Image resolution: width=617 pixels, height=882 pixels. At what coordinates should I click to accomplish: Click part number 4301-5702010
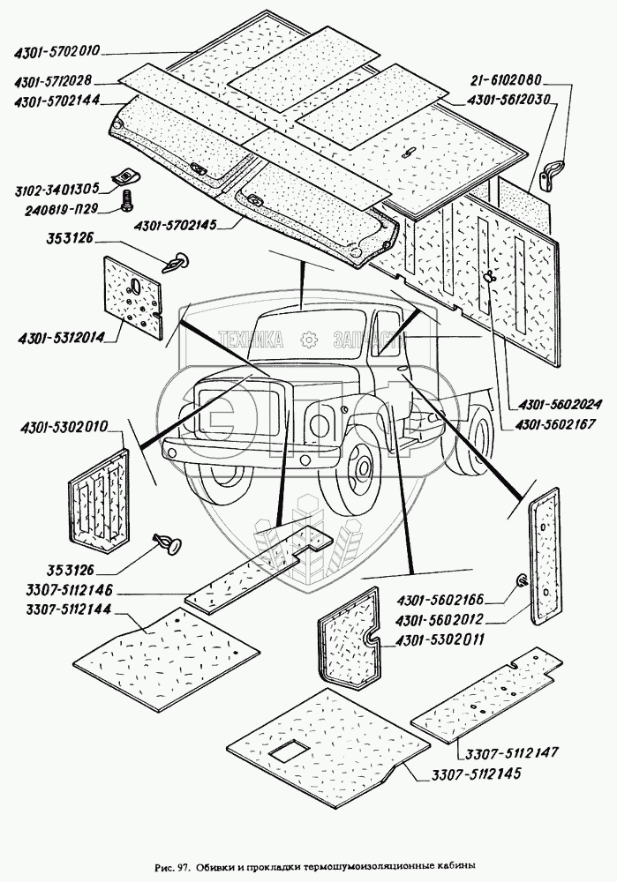[56, 51]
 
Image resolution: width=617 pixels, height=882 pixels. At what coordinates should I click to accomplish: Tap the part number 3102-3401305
[56, 189]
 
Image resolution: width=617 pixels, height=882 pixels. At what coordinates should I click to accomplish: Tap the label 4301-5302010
[64, 428]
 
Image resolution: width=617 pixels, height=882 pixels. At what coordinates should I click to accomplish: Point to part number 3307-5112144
[69, 610]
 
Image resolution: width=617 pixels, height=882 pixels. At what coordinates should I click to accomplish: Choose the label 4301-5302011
[439, 640]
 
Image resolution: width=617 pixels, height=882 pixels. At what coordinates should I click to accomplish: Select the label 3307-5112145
[477, 774]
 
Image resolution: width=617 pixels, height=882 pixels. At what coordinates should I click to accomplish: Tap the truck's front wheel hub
[358, 469]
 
